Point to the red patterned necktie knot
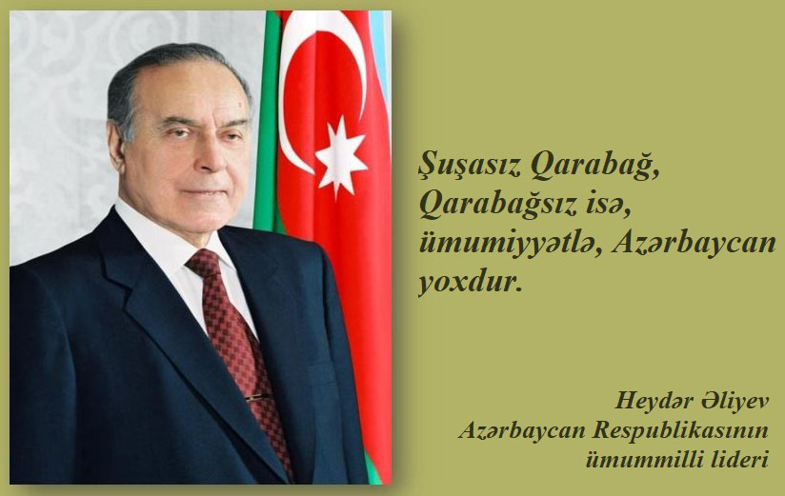(204, 264)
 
